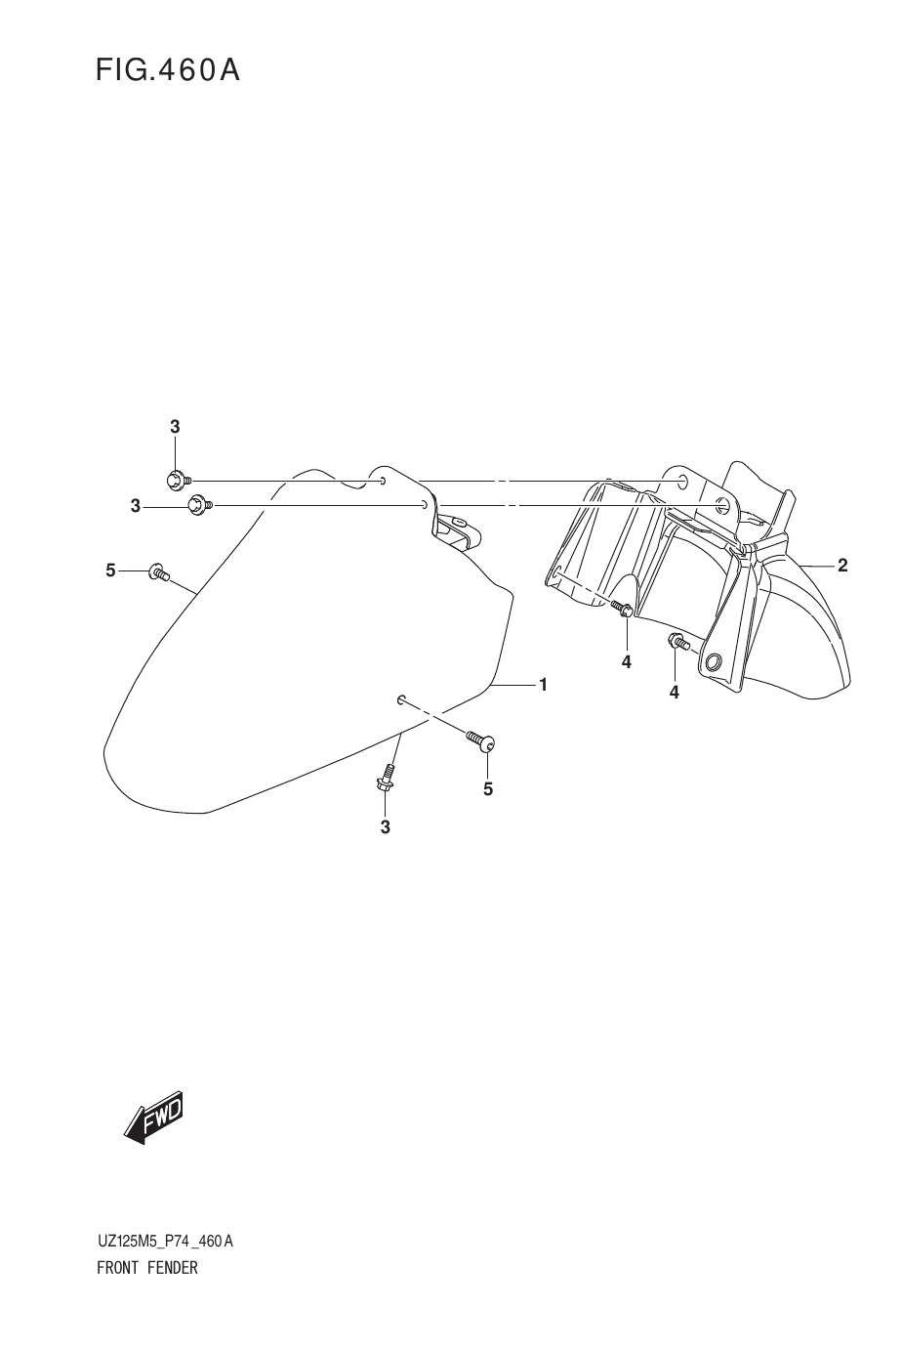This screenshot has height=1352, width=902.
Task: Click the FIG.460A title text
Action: [168, 70]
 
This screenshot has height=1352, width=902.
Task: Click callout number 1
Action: [543, 685]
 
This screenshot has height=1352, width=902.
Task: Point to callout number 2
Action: [842, 566]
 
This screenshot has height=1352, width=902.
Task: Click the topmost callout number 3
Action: [175, 427]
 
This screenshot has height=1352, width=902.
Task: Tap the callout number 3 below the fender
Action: [386, 827]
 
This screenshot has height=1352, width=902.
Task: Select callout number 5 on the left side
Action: [110, 570]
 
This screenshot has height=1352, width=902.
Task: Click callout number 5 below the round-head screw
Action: [488, 789]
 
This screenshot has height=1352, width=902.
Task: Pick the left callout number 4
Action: [627, 662]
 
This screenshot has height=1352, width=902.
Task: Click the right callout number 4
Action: [674, 693]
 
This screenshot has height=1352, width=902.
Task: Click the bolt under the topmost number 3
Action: [178, 481]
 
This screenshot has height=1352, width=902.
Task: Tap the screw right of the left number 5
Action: [159, 572]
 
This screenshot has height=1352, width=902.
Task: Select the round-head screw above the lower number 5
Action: [481, 741]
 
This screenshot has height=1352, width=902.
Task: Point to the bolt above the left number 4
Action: [622, 609]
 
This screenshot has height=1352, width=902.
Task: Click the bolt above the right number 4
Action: [678, 641]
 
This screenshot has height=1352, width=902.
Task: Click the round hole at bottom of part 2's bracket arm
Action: [714, 662]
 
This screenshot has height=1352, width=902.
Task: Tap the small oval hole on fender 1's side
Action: [401, 699]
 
